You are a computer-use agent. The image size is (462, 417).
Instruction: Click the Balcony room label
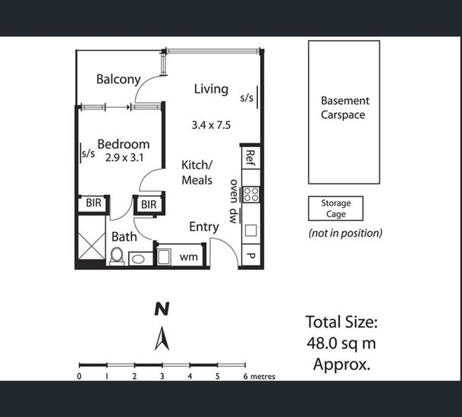(x=118, y=80)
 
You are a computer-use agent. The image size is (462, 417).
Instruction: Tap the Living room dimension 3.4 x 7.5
(x=211, y=125)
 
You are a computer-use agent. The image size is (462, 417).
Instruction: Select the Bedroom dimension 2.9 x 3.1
(x=124, y=158)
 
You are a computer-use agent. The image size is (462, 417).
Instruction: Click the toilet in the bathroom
(x=117, y=256)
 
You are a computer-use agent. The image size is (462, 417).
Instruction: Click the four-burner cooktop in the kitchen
(x=251, y=195)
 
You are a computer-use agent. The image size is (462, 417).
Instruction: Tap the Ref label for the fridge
(x=250, y=158)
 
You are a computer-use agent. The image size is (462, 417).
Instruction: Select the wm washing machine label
(x=189, y=257)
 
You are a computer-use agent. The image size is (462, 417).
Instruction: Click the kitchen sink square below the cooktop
(x=251, y=230)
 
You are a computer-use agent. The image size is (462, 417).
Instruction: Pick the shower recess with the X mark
(x=92, y=237)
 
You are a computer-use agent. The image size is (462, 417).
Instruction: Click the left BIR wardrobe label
(x=93, y=202)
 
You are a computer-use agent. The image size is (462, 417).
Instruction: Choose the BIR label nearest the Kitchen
(x=149, y=205)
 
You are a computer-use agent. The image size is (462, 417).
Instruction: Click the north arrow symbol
(x=162, y=338)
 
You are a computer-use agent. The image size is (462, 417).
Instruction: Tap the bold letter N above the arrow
(x=162, y=309)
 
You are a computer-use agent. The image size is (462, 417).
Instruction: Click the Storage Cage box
(x=335, y=208)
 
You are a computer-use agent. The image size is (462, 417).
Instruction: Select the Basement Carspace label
(x=344, y=108)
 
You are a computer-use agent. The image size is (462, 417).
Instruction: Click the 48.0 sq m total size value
(x=341, y=343)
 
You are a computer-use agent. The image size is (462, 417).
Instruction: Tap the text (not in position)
(x=345, y=234)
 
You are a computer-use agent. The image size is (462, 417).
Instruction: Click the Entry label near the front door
(x=204, y=227)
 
